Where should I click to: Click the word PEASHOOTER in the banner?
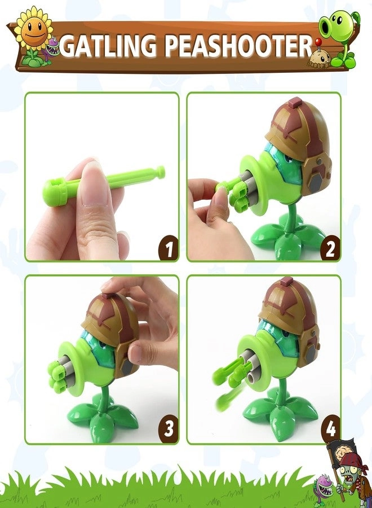237,46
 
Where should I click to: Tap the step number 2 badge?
330,248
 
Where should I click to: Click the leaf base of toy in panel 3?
101,415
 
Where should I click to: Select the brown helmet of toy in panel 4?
290,308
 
